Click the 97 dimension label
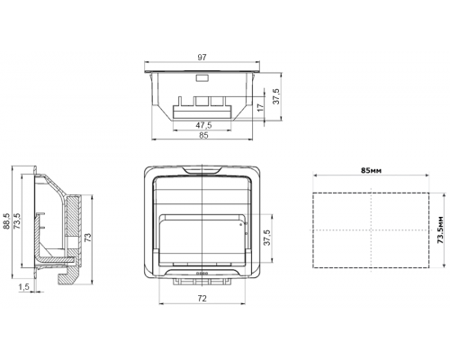pyautogui.click(x=202, y=58)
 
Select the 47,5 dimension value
pyautogui.click(x=203, y=125)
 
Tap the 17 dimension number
pyautogui.click(x=261, y=107)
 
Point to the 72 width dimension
pyautogui.click(x=202, y=298)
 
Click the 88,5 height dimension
pyautogui.click(x=6, y=221)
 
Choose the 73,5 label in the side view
pyautogui.click(x=17, y=221)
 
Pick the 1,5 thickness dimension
pyautogui.click(x=24, y=287)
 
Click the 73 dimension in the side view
pyautogui.click(x=87, y=238)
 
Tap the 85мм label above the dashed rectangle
pyautogui.click(x=371, y=170)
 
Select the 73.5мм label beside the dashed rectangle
pyautogui.click(x=440, y=229)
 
